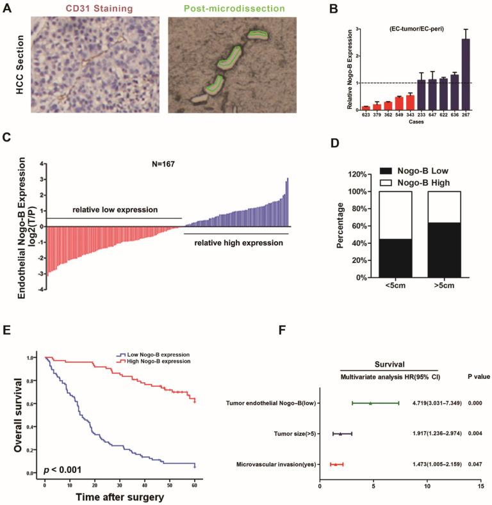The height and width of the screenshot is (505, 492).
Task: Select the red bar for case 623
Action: coord(366,108)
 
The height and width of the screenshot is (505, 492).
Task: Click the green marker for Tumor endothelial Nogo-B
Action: coord(370,403)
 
